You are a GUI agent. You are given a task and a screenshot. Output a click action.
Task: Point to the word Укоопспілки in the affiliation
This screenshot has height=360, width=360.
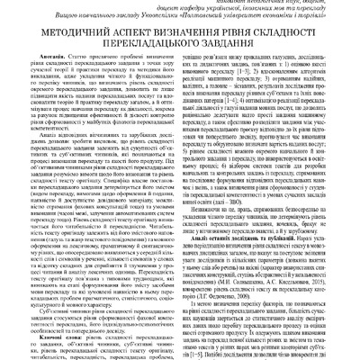click(153, 30)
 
